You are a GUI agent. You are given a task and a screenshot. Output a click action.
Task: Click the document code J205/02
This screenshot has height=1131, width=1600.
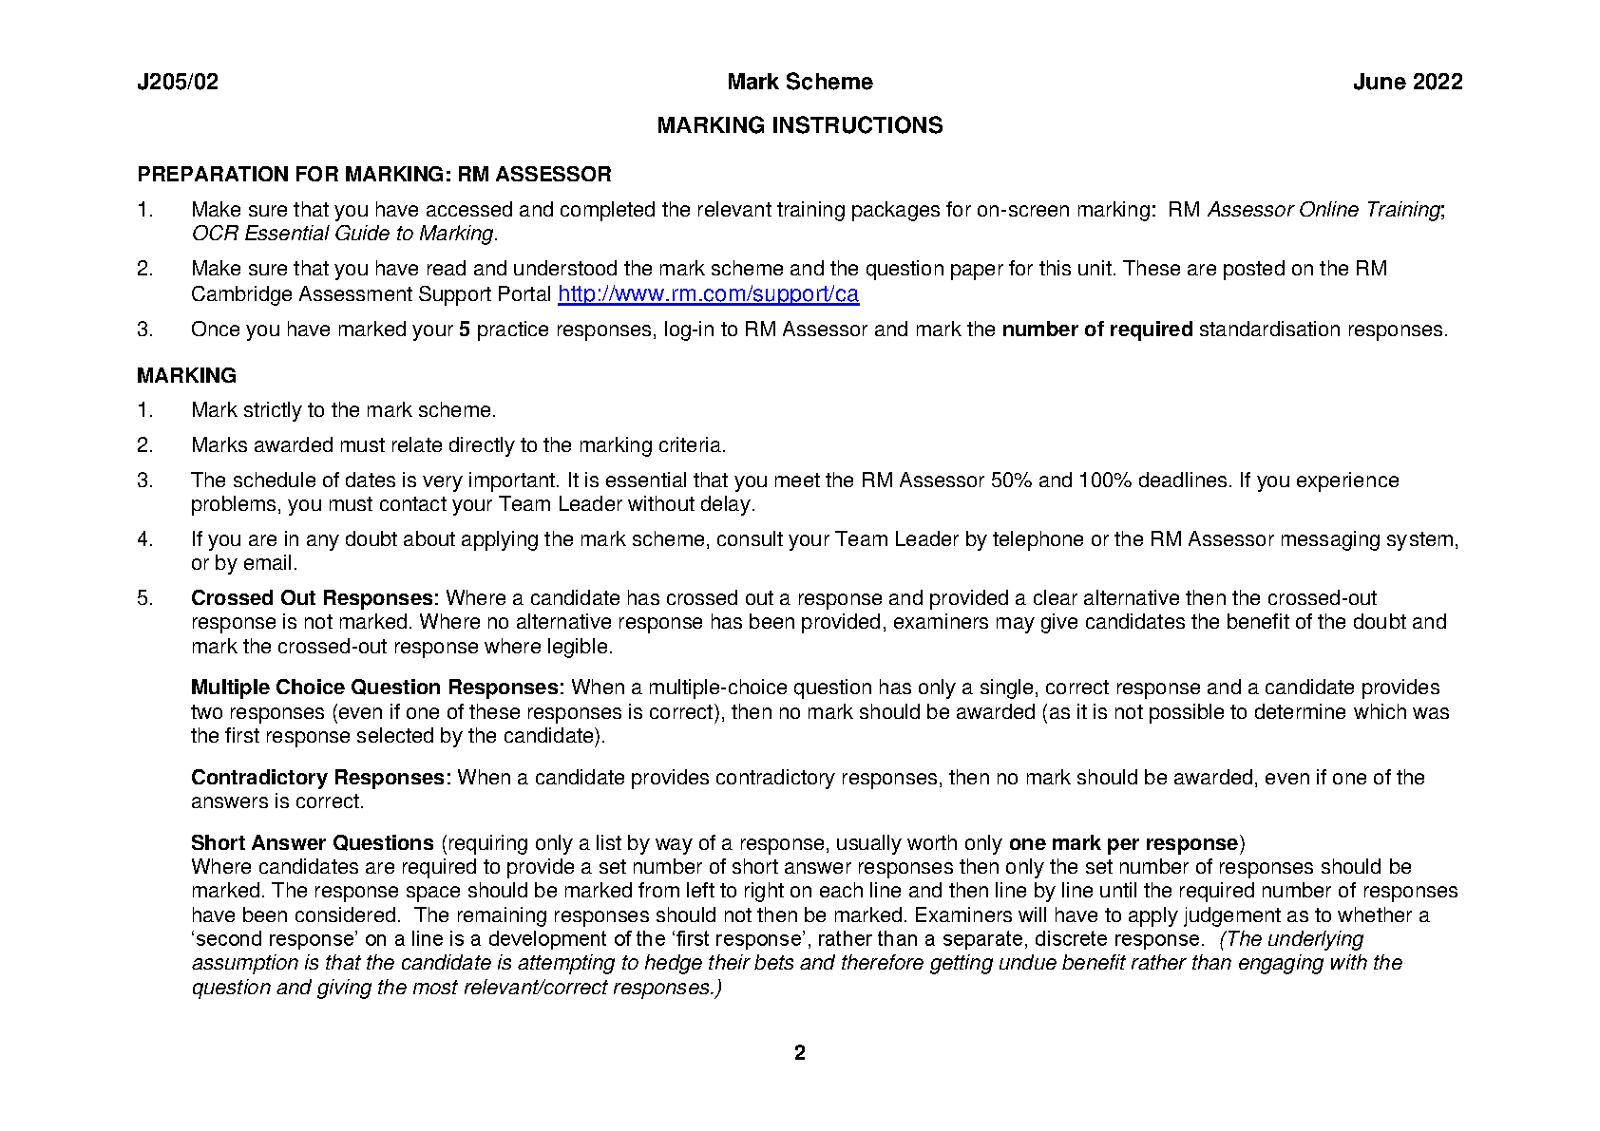(178, 83)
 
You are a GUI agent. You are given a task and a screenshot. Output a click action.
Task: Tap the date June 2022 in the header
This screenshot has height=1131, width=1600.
(1407, 83)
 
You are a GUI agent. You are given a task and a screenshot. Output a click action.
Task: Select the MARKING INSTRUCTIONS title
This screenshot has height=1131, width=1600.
(799, 125)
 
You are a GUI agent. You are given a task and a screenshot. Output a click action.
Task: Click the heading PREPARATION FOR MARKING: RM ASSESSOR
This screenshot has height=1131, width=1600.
(373, 175)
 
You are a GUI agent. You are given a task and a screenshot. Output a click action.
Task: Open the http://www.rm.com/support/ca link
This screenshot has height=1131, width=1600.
(708, 294)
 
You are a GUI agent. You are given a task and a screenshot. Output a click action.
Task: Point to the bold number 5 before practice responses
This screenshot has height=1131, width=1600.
(465, 330)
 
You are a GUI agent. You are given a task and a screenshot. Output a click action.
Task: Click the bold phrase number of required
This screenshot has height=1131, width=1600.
(1096, 330)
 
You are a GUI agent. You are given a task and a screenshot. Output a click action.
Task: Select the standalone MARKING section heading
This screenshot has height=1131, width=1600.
(186, 376)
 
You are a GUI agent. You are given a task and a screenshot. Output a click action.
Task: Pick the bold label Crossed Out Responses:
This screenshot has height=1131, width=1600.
(314, 598)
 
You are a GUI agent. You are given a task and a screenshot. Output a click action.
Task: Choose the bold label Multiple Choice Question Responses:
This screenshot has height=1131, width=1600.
(377, 688)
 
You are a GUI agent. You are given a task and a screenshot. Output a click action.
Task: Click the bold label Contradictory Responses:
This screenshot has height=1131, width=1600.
(321, 778)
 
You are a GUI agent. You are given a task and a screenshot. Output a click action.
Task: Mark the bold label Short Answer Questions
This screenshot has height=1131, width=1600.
(312, 843)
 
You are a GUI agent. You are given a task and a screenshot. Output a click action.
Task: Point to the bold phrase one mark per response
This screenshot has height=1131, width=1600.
(1123, 843)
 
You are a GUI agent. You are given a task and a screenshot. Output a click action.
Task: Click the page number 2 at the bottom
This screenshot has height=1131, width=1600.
(799, 1053)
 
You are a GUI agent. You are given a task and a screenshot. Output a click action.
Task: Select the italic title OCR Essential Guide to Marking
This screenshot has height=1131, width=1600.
(343, 234)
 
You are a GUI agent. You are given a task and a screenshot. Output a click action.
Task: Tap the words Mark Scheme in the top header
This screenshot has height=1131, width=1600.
(799, 83)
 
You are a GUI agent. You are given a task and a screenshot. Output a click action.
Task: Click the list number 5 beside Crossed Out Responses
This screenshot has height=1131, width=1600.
(144, 598)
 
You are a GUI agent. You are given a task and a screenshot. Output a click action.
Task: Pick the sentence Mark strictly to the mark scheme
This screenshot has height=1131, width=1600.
(343, 410)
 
